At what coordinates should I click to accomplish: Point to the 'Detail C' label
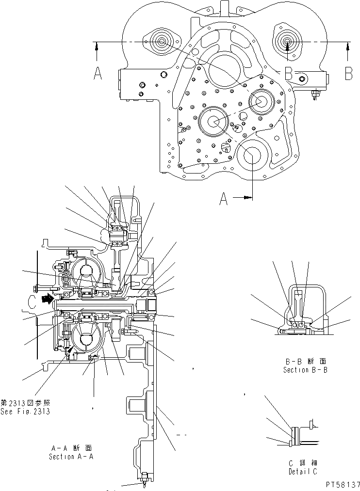[x=303, y=471]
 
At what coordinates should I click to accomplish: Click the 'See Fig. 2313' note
[x=25, y=412]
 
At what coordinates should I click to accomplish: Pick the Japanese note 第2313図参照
[x=25, y=403]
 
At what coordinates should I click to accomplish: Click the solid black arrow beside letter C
[x=46, y=300]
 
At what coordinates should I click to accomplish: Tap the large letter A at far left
[x=98, y=73]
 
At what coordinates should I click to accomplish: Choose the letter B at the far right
[x=348, y=73]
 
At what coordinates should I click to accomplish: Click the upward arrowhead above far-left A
[x=98, y=46]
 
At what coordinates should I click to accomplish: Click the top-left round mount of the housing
[x=162, y=42]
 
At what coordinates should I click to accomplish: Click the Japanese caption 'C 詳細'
[x=303, y=463]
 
